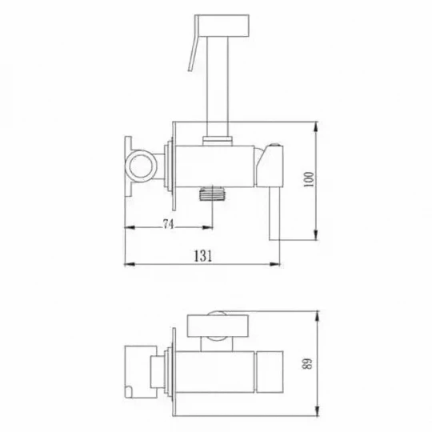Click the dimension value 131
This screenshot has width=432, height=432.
[x=203, y=256]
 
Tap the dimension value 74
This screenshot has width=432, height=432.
[x=168, y=224]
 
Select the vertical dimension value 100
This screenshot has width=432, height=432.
[x=309, y=180]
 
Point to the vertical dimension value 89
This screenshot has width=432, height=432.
[x=308, y=364]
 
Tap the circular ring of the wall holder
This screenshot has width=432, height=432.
[x=140, y=166]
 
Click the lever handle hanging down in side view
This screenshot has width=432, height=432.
[x=274, y=213]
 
